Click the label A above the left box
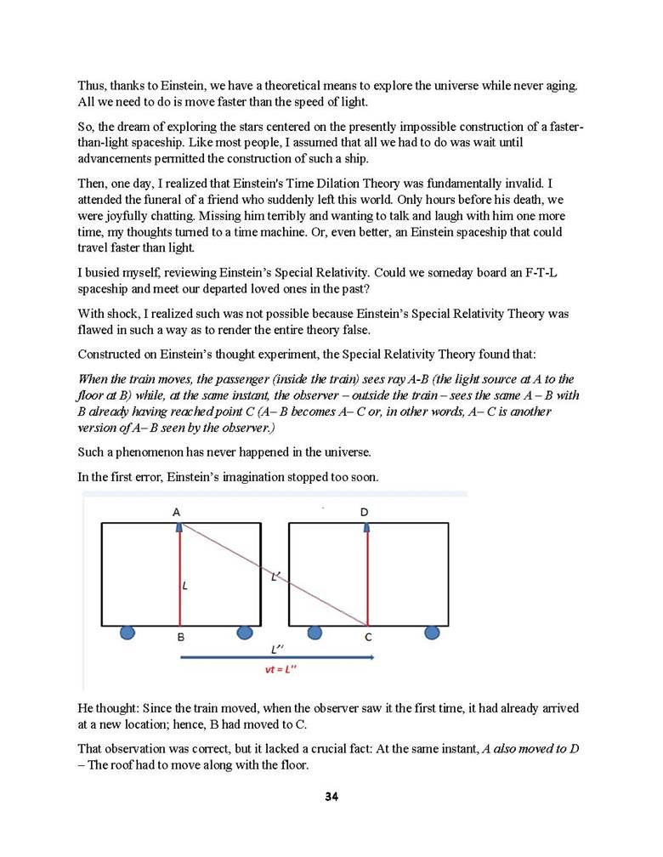point(177,512)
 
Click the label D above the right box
point(365,512)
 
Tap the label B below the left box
point(180,636)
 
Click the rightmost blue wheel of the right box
point(432,632)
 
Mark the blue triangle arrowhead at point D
point(366,527)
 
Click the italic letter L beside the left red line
point(185,586)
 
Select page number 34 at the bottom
point(331,797)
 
